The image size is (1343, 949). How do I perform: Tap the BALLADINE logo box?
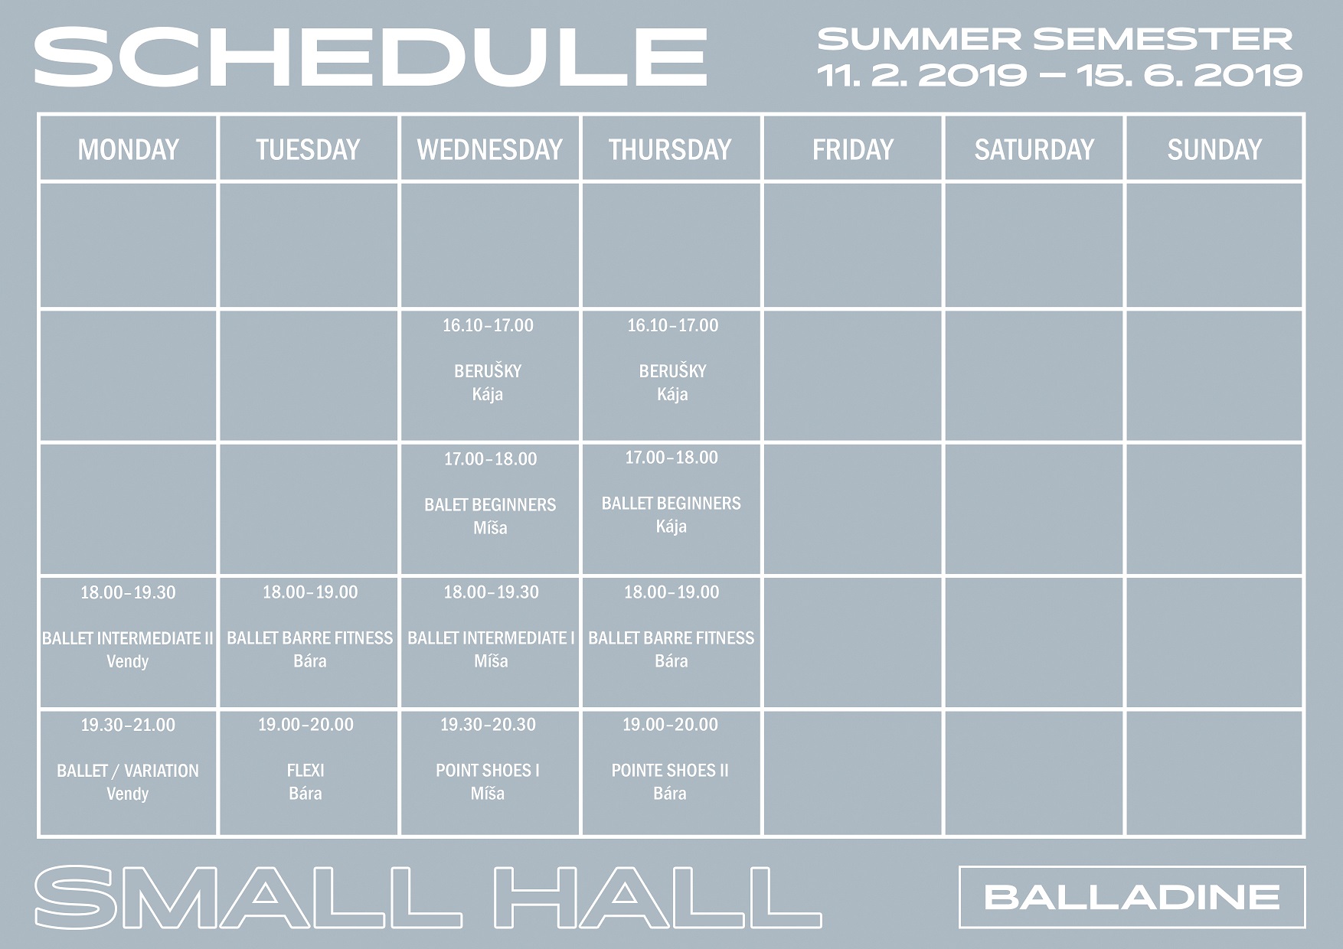(x=1132, y=897)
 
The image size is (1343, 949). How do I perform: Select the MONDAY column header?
(x=128, y=149)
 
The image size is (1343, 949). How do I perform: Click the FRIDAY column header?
(x=853, y=149)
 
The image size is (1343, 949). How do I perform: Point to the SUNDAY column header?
(x=1214, y=149)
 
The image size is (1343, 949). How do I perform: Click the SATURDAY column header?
(x=1034, y=149)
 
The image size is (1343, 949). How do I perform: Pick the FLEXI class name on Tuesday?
(x=306, y=771)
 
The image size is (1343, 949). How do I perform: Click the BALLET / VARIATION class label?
(x=128, y=771)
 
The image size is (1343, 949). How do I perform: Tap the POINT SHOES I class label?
(x=488, y=771)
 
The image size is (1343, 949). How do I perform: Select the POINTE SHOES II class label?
(x=670, y=771)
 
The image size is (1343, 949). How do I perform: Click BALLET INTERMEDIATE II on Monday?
(x=128, y=638)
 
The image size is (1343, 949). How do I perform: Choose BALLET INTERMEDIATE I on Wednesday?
(x=491, y=638)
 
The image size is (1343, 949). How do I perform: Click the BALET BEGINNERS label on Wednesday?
(x=490, y=505)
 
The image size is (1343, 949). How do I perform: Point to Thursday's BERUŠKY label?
(x=672, y=371)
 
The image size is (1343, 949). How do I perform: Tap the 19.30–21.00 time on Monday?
(x=128, y=725)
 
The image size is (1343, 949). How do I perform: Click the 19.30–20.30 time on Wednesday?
(x=488, y=725)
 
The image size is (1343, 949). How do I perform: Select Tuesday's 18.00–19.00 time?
(x=310, y=592)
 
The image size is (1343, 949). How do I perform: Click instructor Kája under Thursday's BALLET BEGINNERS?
(x=671, y=527)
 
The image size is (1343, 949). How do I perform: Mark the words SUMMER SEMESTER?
(x=1056, y=39)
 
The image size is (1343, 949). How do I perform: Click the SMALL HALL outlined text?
(x=428, y=897)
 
